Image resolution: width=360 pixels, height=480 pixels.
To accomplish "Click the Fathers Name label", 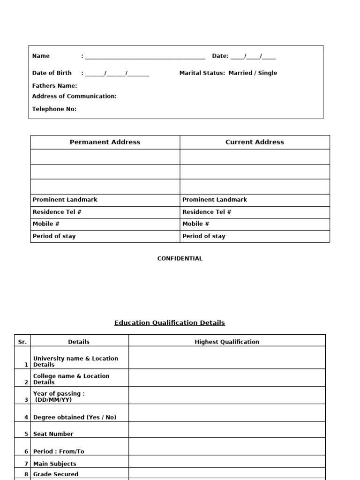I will click(x=54, y=86).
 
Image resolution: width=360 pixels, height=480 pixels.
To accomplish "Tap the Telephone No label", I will click(x=54, y=109).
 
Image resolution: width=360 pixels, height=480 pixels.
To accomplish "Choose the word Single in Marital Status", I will click(x=268, y=73).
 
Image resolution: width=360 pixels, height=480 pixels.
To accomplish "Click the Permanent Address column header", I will click(x=105, y=142).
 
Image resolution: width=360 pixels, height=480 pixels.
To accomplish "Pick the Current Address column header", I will click(x=255, y=142).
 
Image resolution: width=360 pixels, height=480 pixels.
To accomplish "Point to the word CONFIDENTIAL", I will click(x=180, y=258).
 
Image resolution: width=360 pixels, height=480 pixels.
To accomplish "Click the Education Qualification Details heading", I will click(x=170, y=323).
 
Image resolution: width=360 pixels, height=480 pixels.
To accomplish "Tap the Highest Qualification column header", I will click(x=227, y=342).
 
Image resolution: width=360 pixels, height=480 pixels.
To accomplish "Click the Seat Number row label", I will click(x=53, y=434).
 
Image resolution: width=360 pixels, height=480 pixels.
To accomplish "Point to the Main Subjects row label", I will click(x=54, y=464).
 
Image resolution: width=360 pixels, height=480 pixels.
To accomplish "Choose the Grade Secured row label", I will click(x=55, y=474).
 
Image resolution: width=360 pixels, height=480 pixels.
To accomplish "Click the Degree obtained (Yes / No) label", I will click(x=75, y=417).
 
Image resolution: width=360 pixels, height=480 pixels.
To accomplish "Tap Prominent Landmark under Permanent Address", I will click(x=65, y=200).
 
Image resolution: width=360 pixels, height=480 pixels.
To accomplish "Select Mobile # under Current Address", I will click(x=196, y=224).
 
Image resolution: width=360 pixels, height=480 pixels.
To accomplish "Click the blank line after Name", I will click(x=145, y=57).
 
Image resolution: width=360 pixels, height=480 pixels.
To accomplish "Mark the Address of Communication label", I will click(x=75, y=96).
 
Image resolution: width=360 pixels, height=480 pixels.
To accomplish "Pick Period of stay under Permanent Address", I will click(x=54, y=236).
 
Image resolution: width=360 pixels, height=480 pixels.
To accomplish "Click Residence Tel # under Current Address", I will click(x=207, y=212).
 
